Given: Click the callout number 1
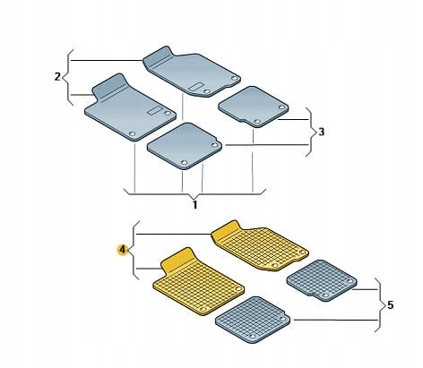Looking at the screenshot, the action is click(194, 205).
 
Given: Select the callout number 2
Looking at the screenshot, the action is click(57, 77).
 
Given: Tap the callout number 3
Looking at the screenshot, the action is click(321, 132).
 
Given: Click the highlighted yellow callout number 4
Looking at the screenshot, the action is click(122, 250).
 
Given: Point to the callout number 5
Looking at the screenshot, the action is click(391, 305).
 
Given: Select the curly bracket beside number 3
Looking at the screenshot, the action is click(311, 132).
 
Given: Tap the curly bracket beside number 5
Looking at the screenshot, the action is click(380, 305).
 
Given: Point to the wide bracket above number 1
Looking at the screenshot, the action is click(194, 194).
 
